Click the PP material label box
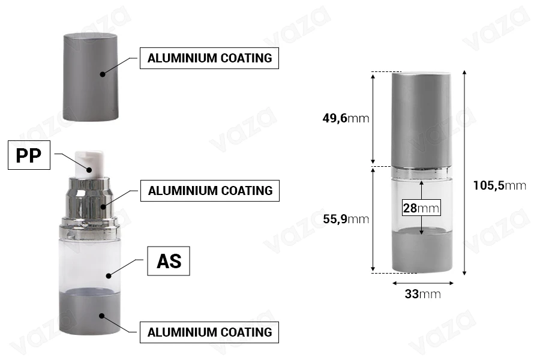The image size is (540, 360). click(x=29, y=155)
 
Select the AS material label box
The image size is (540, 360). click(x=169, y=261)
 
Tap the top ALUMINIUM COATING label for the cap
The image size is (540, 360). click(x=209, y=58)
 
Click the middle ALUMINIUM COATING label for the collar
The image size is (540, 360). click(x=210, y=191)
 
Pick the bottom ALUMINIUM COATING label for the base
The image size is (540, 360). click(x=209, y=332)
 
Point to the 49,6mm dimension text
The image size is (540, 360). click(x=346, y=118)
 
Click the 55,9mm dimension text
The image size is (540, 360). click(x=346, y=219)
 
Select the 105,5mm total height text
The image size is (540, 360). click(x=499, y=185)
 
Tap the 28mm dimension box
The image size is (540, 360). click(x=421, y=208)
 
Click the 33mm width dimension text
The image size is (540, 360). click(x=422, y=294)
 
